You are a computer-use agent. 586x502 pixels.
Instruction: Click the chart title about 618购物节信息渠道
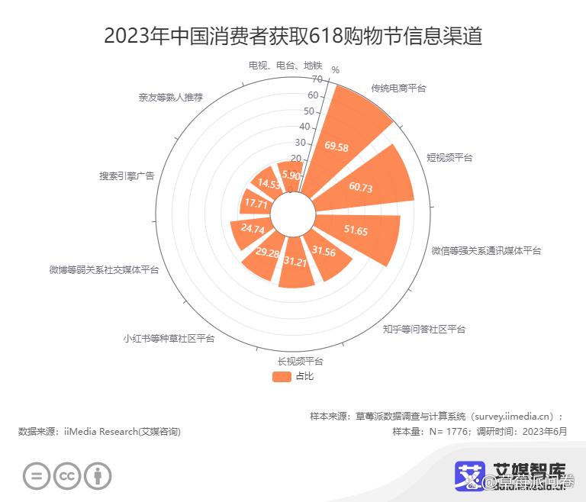pos(293,35)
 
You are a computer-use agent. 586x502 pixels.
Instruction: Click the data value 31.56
pos(324,253)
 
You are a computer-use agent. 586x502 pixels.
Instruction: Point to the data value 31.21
pos(295,262)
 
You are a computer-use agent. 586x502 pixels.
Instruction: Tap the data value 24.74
pos(252,229)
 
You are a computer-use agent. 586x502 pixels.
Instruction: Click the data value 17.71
pos(253,204)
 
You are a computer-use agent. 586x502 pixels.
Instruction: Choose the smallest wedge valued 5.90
pos(291,174)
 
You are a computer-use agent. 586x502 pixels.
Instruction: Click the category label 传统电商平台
pos(398,88)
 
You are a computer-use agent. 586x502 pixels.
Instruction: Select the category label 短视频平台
pos(449,157)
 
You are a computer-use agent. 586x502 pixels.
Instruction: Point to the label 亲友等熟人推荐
pos(170,97)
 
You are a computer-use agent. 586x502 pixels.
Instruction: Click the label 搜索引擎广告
pos(127,175)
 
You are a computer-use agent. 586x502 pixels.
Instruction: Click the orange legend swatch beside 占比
pos(281,376)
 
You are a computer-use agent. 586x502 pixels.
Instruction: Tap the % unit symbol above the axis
pos(335,70)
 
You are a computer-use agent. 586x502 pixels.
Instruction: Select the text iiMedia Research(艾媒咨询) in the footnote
pos(122,432)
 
